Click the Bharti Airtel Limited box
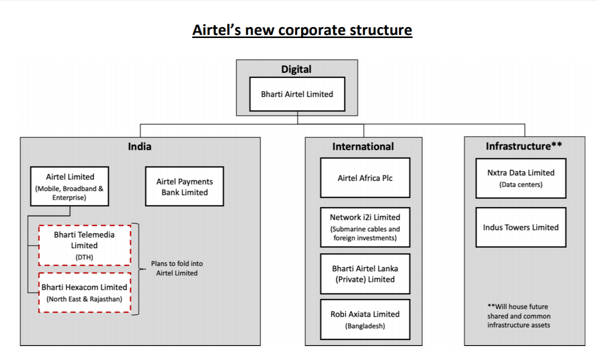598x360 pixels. (297, 94)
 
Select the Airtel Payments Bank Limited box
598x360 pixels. (184, 186)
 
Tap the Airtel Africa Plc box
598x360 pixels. (365, 178)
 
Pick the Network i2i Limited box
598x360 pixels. (365, 227)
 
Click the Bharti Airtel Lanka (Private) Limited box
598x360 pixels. (365, 273)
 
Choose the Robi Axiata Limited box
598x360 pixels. (365, 319)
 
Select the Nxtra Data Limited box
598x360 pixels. (521, 178)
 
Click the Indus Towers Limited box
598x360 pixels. (521, 227)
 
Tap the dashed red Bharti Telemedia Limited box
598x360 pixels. (84, 245)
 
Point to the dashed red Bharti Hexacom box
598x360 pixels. (84, 292)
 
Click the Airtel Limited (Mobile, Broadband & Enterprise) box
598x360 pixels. (70, 186)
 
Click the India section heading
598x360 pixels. (139, 146)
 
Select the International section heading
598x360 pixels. (363, 146)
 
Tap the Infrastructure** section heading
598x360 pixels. (524, 146)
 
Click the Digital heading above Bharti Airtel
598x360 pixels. (296, 69)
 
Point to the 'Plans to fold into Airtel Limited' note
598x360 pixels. (177, 268)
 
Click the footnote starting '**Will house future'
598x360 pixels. (519, 315)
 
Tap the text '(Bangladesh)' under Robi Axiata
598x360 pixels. (365, 326)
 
